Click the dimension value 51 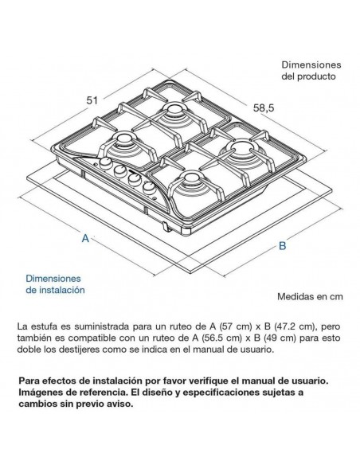[92, 100]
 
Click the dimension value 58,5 [264, 108]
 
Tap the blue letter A [85, 238]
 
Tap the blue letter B [283, 246]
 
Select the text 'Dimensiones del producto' [311, 71]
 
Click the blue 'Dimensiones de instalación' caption [55, 284]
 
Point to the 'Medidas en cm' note [310, 296]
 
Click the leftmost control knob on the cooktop [106, 162]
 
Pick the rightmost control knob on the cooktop [148, 188]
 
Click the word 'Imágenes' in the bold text [38, 393]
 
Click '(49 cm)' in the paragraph [280, 338]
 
